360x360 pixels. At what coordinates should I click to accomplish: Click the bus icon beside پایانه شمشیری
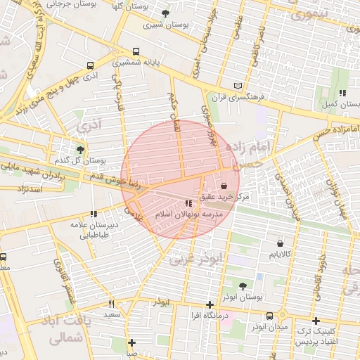point(136,51)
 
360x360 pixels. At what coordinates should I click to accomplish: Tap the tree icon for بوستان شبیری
point(165,13)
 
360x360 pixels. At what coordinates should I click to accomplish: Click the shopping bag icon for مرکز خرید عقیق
point(224,186)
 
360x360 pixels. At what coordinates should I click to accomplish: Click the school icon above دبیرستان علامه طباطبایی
point(93,214)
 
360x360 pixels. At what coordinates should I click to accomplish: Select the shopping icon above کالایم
point(280,241)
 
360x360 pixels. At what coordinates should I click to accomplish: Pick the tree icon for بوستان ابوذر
point(243,286)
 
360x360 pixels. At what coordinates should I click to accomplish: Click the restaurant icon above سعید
point(111,304)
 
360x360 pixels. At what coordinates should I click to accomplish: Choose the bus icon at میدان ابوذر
point(270,316)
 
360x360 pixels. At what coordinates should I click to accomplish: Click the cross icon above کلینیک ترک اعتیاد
point(316,320)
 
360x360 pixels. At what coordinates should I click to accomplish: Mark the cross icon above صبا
point(131,342)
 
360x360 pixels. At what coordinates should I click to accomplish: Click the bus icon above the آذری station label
point(90,65)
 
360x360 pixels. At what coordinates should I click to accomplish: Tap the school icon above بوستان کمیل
point(342,93)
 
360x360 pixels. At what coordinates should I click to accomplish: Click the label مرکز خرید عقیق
point(224,198)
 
